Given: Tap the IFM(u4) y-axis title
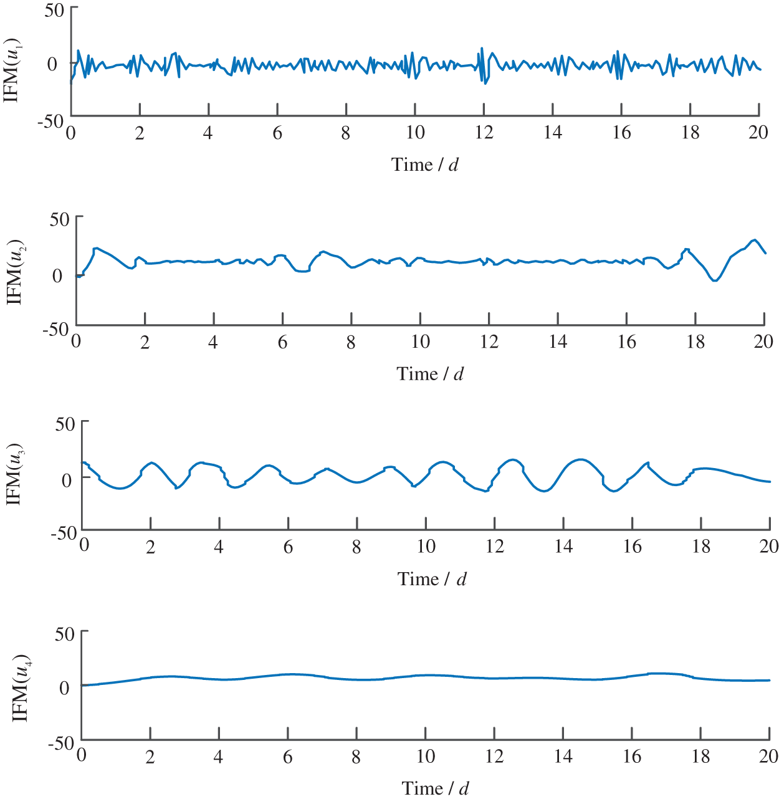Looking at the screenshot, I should (x=21, y=688).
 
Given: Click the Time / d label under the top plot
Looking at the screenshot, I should (x=424, y=165).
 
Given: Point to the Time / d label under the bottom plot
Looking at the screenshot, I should (x=434, y=788).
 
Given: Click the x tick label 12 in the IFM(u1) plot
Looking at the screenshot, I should (x=484, y=133).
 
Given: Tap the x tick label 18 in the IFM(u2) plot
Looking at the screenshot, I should (x=695, y=342).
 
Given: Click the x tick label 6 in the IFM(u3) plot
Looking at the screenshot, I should (x=288, y=547).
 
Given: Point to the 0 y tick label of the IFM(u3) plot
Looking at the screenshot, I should (x=67, y=479).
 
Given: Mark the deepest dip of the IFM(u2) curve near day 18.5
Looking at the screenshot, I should (x=714, y=281).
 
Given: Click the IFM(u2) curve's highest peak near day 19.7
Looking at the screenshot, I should (x=755, y=239).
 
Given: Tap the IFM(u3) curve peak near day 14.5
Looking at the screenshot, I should (x=581, y=459).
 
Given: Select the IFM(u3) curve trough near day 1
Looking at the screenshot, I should (x=120, y=489).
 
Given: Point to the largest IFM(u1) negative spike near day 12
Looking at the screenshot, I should (x=485, y=84).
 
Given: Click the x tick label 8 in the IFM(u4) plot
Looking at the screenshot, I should (x=356, y=757).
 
